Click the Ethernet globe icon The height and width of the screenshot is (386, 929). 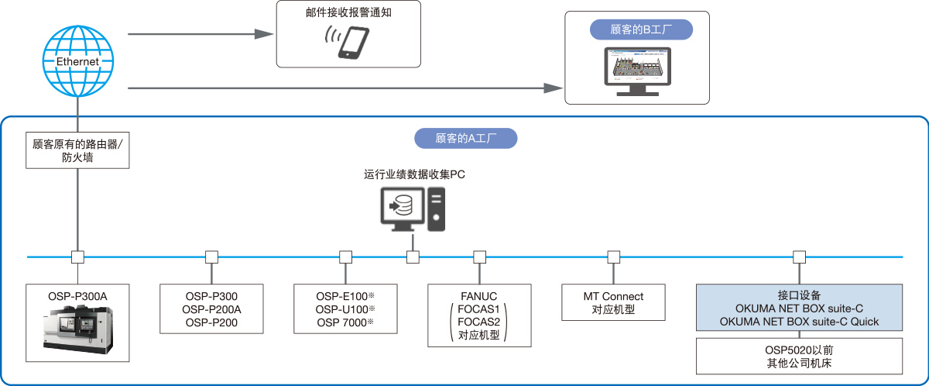(x=77, y=61)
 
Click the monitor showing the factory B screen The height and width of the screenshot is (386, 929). (x=637, y=71)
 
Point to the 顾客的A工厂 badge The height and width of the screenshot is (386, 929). (x=465, y=139)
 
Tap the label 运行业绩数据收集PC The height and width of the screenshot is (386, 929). (x=414, y=175)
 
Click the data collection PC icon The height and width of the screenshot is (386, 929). (x=413, y=209)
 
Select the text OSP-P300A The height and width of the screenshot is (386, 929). (x=77, y=295)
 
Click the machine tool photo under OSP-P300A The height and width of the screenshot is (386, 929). (x=77, y=331)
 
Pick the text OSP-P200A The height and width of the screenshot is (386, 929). (x=211, y=308)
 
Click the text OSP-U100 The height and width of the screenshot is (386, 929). (x=341, y=308)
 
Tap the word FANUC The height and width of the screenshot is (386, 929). (x=478, y=295)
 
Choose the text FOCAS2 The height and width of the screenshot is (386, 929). (x=479, y=322)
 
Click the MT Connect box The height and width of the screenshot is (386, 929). (x=614, y=303)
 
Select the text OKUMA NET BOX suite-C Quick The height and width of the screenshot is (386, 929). (x=799, y=322)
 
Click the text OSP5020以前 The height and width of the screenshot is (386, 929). (x=799, y=348)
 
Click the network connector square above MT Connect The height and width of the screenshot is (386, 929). (x=614, y=257)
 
